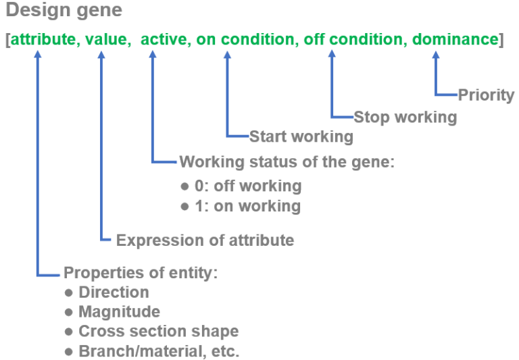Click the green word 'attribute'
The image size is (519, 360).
point(42,40)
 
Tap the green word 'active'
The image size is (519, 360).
point(164,40)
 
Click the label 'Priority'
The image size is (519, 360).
point(486,95)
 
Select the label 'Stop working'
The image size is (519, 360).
point(405,117)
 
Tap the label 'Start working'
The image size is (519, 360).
point(301,137)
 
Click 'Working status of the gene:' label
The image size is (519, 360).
point(286,162)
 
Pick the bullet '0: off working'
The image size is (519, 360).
point(246,185)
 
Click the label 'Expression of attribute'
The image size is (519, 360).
point(205,240)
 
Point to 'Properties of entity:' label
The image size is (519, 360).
point(140,274)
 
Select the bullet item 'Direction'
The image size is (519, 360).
point(114,292)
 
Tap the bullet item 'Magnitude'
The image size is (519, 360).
point(119,312)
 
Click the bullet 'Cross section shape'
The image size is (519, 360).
point(158,332)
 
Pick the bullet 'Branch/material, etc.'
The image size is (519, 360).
point(158,351)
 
